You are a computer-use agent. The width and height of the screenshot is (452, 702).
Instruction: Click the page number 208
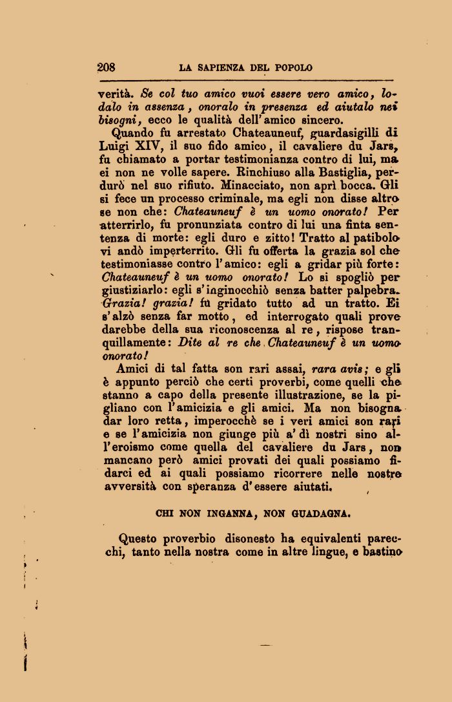tap(106, 67)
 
